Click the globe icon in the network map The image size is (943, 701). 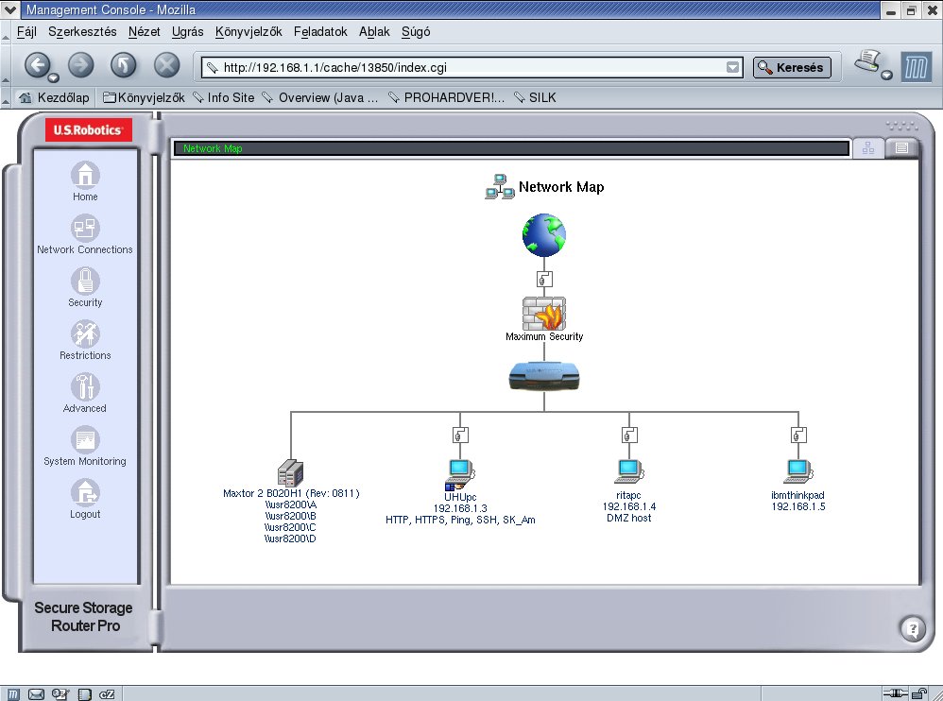(x=543, y=235)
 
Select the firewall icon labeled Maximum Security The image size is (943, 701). (x=543, y=314)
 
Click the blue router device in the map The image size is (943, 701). (x=543, y=376)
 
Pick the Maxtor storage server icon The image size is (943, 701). (x=290, y=473)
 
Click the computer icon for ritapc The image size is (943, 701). (x=629, y=472)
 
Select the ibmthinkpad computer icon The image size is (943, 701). (x=798, y=472)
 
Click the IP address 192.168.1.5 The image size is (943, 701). (x=798, y=506)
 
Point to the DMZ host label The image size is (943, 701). (x=629, y=519)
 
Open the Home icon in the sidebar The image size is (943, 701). (x=85, y=176)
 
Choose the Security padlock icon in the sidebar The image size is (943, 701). (x=85, y=282)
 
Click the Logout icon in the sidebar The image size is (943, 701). (x=85, y=493)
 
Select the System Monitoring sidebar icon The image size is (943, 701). (x=85, y=440)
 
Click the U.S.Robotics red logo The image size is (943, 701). (x=89, y=129)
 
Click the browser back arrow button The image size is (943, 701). (x=38, y=65)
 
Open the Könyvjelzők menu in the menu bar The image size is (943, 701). (x=249, y=32)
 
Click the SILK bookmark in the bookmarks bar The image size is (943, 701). (x=541, y=97)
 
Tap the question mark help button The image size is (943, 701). (x=913, y=629)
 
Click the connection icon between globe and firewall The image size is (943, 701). (x=544, y=280)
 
